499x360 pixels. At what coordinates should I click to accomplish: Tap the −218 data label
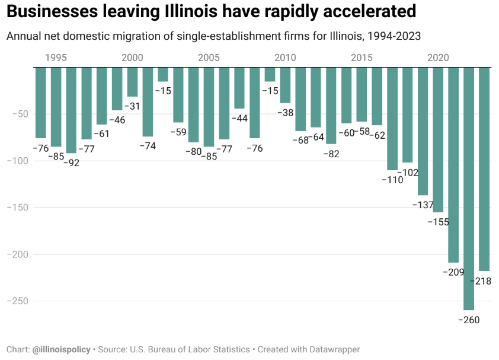481,281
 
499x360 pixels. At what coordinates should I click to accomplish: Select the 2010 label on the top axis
285,58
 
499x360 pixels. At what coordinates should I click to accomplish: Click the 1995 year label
56,58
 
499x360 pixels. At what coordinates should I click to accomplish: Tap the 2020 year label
438,58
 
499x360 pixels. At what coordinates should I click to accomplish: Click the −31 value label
132,106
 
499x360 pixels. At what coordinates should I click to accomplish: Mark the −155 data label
438,222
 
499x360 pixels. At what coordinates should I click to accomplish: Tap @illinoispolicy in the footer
61,349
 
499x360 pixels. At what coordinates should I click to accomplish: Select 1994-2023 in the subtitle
393,36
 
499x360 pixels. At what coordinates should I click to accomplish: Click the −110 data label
392,180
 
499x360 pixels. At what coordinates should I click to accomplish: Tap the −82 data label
331,154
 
